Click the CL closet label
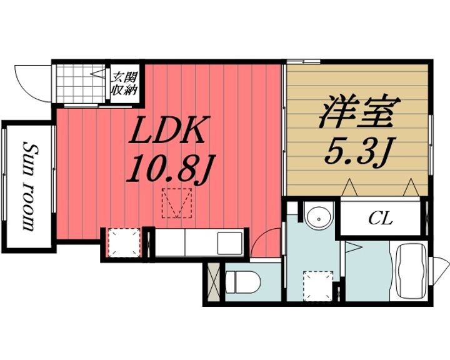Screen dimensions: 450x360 381,219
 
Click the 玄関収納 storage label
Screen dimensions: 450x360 124,84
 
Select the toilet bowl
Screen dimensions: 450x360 242,282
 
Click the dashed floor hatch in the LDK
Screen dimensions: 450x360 177,203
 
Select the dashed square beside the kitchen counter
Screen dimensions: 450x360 124,242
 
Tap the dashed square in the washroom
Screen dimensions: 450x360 319,285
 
